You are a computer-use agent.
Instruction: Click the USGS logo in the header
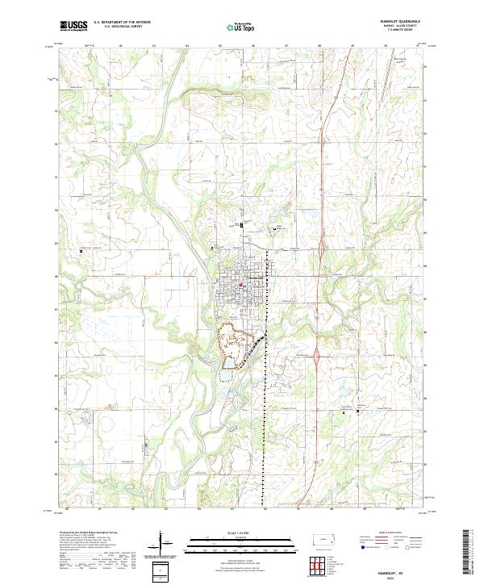73,26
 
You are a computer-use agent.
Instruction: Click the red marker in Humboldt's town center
242,285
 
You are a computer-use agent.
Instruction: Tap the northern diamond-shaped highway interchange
321,253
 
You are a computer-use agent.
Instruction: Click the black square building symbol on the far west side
81,253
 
